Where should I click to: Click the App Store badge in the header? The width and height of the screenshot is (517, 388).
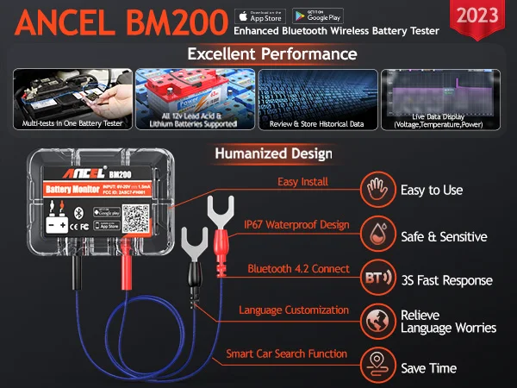pyautogui.click(x=260, y=16)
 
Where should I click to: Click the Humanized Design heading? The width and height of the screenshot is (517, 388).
pyautogui.click(x=274, y=154)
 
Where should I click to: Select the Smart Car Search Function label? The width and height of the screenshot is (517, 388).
pyautogui.click(x=288, y=354)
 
